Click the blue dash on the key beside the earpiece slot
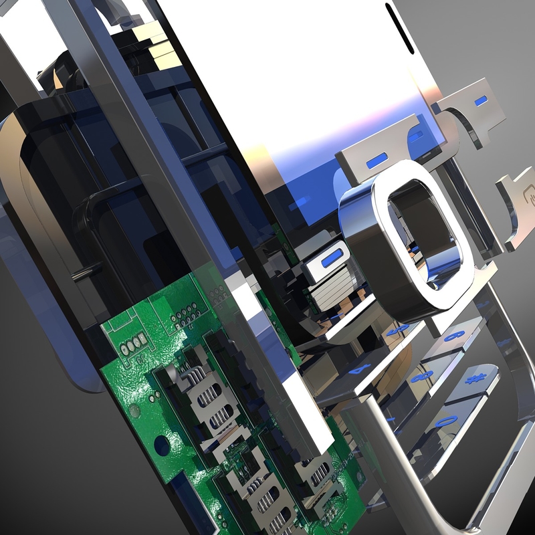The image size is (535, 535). (479, 102)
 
